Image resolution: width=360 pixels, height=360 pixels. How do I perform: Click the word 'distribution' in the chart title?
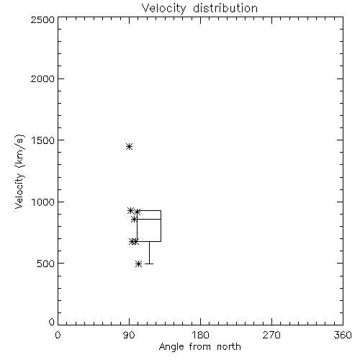click(225, 9)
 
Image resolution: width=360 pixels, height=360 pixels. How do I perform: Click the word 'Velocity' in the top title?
click(163, 9)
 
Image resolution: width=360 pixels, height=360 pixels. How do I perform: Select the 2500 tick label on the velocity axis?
click(42, 19)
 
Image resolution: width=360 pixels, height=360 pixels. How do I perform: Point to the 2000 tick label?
click(42, 78)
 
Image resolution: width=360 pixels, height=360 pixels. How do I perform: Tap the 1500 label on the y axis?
click(43, 140)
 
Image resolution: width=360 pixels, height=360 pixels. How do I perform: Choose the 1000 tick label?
click(43, 202)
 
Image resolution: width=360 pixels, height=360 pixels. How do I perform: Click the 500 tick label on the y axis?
click(46, 264)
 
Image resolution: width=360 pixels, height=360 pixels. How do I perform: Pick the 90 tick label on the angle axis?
click(129, 335)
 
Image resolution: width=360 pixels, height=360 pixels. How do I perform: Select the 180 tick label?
click(200, 335)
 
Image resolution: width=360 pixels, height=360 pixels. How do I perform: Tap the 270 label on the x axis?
click(271, 335)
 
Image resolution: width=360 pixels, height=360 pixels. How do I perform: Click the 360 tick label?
click(343, 335)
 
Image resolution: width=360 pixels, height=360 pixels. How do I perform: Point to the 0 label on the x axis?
click(58, 335)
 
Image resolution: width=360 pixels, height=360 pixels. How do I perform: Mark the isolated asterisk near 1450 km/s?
click(129, 146)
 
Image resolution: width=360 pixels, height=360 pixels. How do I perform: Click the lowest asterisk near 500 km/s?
click(138, 264)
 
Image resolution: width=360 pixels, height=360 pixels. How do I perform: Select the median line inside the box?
click(149, 219)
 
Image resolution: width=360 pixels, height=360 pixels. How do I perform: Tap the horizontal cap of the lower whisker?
click(149, 264)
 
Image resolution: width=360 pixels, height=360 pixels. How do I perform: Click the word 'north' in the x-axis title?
click(229, 347)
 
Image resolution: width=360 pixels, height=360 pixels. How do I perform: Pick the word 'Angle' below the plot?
click(171, 348)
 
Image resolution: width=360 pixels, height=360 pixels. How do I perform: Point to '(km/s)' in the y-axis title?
click(19, 151)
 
